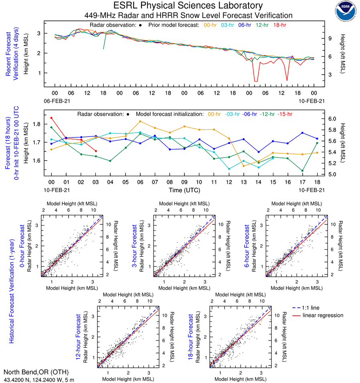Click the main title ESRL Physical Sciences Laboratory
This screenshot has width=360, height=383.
coord(188,6)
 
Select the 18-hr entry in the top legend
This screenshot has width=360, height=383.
coord(280,25)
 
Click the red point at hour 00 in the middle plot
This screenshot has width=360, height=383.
coord(51,118)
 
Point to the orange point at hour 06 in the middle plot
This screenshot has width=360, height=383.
coord(140,121)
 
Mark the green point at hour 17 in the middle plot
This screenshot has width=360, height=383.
coord(302,171)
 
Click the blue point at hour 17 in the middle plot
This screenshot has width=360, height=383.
coord(302,133)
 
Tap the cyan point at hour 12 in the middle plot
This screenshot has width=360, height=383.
coord(229,169)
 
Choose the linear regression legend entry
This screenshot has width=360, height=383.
coord(323,315)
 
